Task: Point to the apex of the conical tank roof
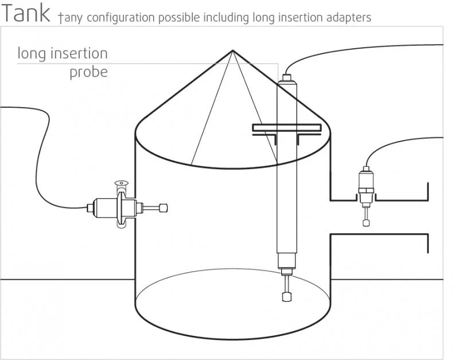click(x=232, y=51)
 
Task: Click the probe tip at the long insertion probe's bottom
click(x=286, y=296)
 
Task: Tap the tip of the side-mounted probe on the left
click(x=165, y=208)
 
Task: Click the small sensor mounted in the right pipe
click(x=365, y=183)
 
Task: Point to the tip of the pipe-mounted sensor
click(x=366, y=222)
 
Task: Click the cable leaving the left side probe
click(x=52, y=166)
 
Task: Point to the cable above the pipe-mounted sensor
click(x=390, y=143)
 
